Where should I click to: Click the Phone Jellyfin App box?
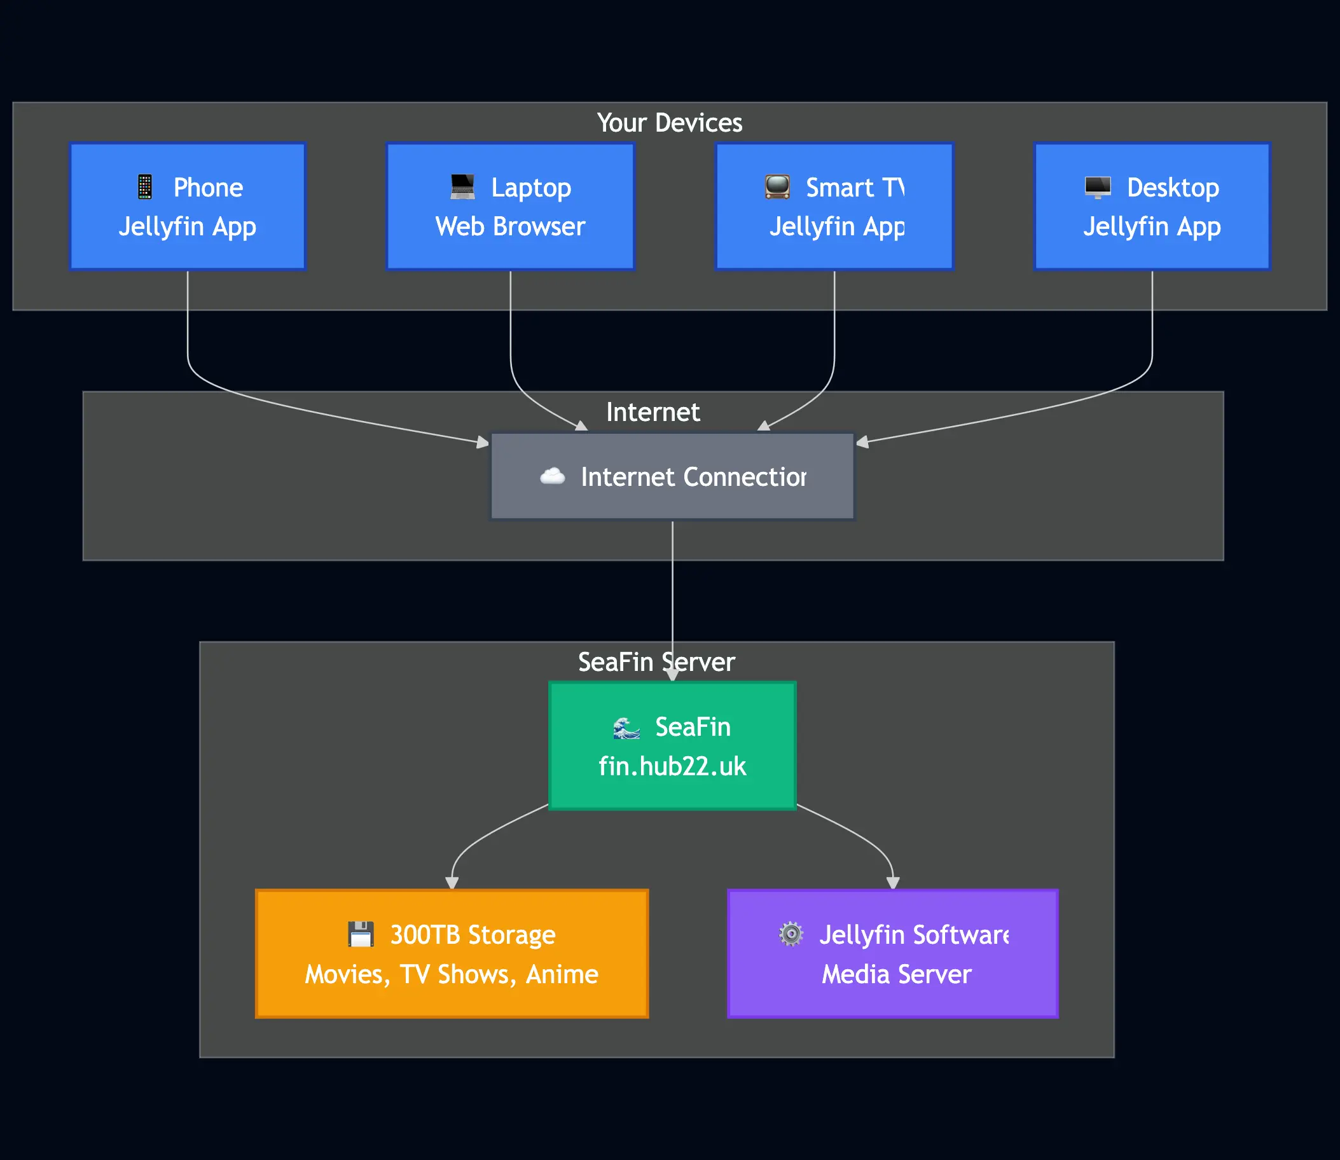pos(187,207)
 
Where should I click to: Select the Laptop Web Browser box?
pos(510,207)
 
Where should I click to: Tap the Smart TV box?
pos(834,207)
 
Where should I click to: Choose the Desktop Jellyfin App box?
pos(1152,207)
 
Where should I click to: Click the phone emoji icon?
pos(145,187)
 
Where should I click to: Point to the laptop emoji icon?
pos(462,187)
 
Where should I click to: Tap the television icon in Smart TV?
pos(777,187)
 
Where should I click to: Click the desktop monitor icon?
pos(1098,187)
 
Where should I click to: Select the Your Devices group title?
pos(669,123)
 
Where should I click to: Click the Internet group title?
pos(653,412)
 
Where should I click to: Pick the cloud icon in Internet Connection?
pos(552,476)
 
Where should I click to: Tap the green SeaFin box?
pos(672,746)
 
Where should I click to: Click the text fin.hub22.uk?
pos(672,766)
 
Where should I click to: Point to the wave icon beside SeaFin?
pos(626,728)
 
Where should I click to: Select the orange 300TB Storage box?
pos(452,954)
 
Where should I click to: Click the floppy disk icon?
pos(361,935)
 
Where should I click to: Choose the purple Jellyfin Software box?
pos(893,954)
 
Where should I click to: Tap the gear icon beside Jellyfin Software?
pos(791,935)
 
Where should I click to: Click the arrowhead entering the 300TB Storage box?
pos(452,883)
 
